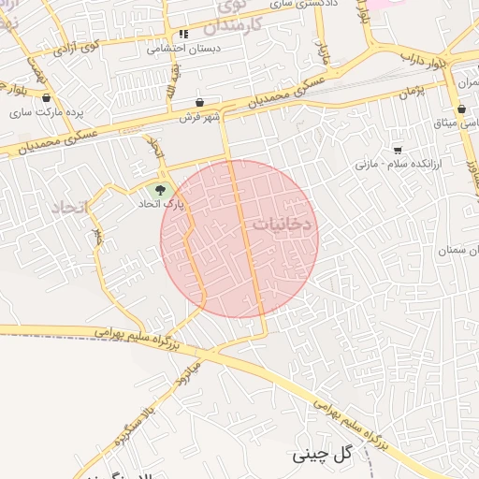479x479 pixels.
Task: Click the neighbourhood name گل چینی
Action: pyautogui.click(x=322, y=454)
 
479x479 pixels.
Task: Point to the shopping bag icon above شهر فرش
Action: pyautogui.click(x=200, y=103)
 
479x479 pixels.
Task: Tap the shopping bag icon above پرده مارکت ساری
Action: pyautogui.click(x=47, y=97)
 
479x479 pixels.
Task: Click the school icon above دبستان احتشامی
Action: pyautogui.click(x=183, y=35)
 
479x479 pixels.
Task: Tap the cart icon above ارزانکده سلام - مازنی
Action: pyautogui.click(x=399, y=150)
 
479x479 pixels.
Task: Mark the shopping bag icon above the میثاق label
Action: pyautogui.click(x=462, y=109)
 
